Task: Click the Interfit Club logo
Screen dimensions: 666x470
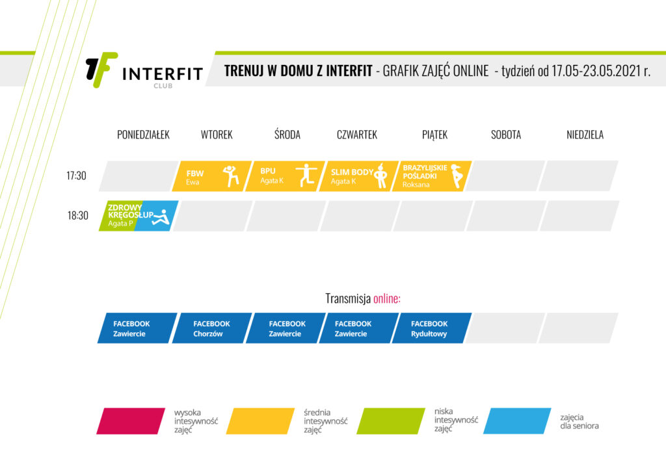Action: pyautogui.click(x=144, y=71)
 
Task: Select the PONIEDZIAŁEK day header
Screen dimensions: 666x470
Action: pyautogui.click(x=143, y=135)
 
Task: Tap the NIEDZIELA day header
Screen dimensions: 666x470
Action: pyautogui.click(x=585, y=135)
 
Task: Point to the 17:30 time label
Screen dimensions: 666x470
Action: pyautogui.click(x=77, y=176)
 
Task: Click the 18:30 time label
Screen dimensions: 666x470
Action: pyautogui.click(x=78, y=215)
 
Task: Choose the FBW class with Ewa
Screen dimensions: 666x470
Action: pyautogui.click(x=212, y=176)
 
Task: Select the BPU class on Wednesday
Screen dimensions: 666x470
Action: pyautogui.click(x=286, y=176)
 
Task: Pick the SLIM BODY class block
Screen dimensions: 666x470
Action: pyautogui.click(x=359, y=176)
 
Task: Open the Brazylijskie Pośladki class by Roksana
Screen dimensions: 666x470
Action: pyautogui.click(x=432, y=176)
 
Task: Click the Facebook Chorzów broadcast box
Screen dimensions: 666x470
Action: pyautogui.click(x=212, y=328)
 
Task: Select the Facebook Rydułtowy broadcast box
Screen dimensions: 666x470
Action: pyautogui.click(x=432, y=328)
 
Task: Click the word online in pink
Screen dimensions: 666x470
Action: pyautogui.click(x=386, y=298)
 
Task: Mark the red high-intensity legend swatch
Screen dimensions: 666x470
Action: pyautogui.click(x=131, y=421)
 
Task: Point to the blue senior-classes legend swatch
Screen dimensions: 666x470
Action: pyautogui.click(x=517, y=421)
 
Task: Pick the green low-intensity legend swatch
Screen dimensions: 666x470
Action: pyautogui.click(x=391, y=421)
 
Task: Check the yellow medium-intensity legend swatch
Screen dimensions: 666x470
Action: pyautogui.click(x=260, y=421)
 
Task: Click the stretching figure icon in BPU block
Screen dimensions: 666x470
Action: pyautogui.click(x=306, y=175)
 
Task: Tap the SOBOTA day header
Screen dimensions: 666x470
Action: pyautogui.click(x=506, y=135)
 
